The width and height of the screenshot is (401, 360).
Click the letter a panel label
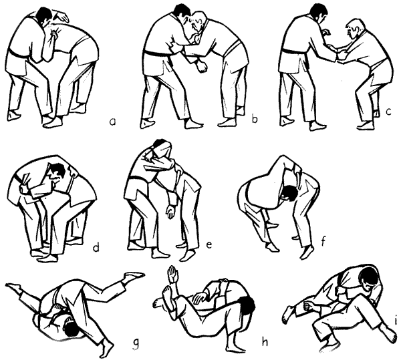click(x=112, y=122)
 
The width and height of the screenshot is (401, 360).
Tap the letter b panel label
click(x=255, y=119)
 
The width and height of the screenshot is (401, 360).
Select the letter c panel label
click(x=389, y=112)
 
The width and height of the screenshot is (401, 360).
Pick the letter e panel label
click(x=209, y=244)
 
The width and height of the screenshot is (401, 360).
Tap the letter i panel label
click(x=396, y=320)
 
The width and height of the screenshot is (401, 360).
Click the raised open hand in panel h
click(x=173, y=274)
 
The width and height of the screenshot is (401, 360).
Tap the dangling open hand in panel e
click(x=170, y=212)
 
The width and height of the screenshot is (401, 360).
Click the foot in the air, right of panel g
click(x=133, y=275)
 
